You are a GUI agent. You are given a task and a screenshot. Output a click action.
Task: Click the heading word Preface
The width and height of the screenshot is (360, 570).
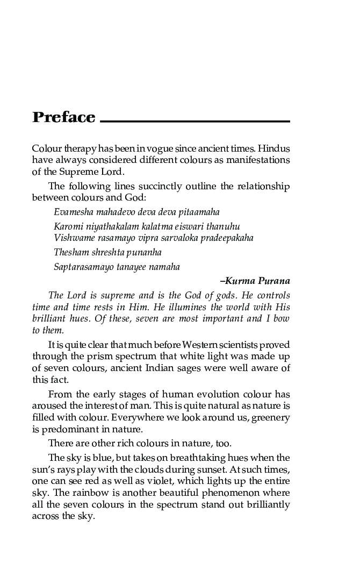click(64, 118)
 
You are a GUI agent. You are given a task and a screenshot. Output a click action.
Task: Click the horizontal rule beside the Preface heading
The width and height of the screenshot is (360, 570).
click(195, 122)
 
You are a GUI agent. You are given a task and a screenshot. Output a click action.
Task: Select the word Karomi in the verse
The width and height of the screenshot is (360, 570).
click(67, 226)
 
